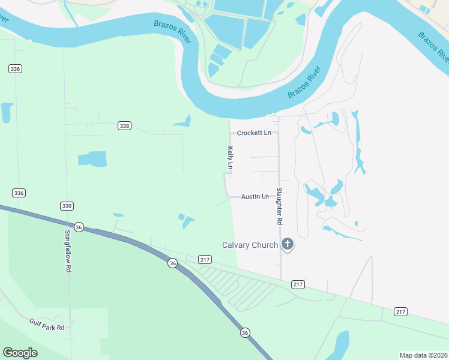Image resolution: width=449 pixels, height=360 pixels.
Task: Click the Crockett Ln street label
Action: pos(254,133)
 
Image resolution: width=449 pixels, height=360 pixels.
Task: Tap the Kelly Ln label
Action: pos(230,157)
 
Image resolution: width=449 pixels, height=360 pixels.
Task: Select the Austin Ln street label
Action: pos(255,196)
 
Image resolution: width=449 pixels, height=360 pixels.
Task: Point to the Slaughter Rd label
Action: pos(279,206)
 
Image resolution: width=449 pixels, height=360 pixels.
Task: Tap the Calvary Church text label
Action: pos(250,245)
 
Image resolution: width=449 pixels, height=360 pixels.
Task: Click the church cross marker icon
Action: pos(288,244)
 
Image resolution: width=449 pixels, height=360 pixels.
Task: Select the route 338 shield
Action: pos(124,126)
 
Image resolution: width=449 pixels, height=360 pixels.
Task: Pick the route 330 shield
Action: pos(67,206)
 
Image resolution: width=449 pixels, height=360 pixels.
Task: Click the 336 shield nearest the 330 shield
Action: pos(19,193)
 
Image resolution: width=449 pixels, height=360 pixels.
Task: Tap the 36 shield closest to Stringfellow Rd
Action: pos(79,227)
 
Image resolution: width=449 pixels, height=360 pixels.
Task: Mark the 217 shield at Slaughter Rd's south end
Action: pos(298,283)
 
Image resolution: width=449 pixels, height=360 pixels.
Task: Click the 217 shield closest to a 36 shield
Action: pos(205,259)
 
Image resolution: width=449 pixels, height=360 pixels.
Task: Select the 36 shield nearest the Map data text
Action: pos(244,332)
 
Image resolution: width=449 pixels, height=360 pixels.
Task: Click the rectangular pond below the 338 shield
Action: pos(92,159)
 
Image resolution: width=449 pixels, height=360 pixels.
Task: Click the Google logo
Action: pos(20,353)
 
